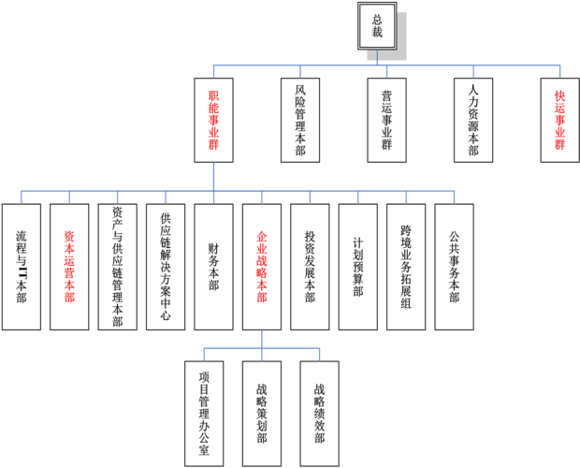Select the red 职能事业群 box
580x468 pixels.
(212, 120)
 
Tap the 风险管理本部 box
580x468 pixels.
(299, 120)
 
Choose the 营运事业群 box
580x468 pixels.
(386, 120)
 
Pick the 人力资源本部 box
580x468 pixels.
(473, 120)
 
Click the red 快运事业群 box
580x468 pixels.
(559, 120)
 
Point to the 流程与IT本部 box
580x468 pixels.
(22, 267)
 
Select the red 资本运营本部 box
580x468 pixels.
(69, 267)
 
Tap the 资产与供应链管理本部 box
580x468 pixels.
(117, 267)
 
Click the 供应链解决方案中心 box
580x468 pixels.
(166, 267)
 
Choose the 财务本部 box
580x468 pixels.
(213, 267)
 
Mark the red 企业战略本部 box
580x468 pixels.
(262, 267)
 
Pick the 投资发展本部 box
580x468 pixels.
(310, 267)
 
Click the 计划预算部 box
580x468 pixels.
(357, 267)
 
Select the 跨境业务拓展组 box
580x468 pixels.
(406, 267)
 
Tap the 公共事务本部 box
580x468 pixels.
(454, 267)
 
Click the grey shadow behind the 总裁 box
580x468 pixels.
(400, 51)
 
